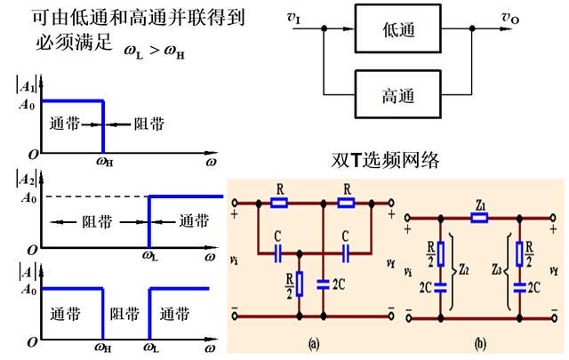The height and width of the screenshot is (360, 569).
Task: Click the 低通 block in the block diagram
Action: tap(398, 28)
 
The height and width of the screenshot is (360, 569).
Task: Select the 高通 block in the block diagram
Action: tap(398, 94)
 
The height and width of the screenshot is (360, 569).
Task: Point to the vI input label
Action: tap(294, 18)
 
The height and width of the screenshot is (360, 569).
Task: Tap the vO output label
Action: tap(510, 18)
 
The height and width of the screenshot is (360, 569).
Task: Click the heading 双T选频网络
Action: tap(385, 160)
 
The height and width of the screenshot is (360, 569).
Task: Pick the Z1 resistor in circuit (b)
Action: tap(479, 218)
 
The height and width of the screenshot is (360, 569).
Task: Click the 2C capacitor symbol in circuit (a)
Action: tap(323, 284)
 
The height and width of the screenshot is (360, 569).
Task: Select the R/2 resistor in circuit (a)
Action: tap(300, 284)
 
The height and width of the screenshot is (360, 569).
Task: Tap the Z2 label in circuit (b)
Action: tap(463, 269)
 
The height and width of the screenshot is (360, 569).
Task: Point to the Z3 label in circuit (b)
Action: tap(497, 269)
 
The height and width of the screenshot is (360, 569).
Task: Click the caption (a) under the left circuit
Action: tap(314, 343)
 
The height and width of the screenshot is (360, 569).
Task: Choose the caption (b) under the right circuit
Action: tap(480, 343)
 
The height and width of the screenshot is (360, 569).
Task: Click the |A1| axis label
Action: tap(27, 85)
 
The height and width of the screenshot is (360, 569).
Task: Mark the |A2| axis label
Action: tap(27, 179)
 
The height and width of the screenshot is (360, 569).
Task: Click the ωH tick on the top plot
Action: tap(105, 161)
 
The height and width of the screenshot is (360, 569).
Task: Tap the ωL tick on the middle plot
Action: tap(150, 256)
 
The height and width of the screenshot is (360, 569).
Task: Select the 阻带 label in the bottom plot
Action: tap(124, 314)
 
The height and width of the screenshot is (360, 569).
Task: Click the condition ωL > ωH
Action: tap(155, 52)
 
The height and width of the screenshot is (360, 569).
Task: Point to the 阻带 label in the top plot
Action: tap(149, 124)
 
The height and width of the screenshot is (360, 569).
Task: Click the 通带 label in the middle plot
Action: tap(194, 221)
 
